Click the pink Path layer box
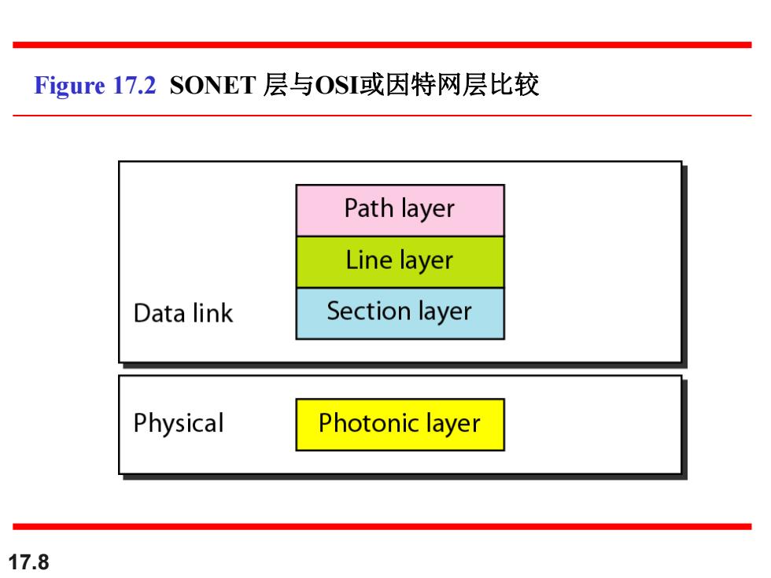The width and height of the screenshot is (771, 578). coord(400,211)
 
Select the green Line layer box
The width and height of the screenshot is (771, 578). coord(400,262)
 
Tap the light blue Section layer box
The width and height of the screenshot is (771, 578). coord(400,314)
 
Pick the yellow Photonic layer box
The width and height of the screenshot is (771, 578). coord(400,425)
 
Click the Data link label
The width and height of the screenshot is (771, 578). coord(183,313)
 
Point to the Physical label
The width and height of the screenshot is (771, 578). coord(179,424)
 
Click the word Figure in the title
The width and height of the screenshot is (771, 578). coord(69,86)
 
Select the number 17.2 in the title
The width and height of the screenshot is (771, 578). coord(135,85)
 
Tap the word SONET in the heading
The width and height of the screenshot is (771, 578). coord(212,85)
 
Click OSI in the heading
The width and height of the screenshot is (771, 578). coord(337,85)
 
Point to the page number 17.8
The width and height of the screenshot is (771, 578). coord(29,561)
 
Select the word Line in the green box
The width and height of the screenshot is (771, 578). coord(369,260)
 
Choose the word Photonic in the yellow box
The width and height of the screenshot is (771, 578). coord(369,423)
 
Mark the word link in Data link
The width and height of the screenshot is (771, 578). coord(213,313)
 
